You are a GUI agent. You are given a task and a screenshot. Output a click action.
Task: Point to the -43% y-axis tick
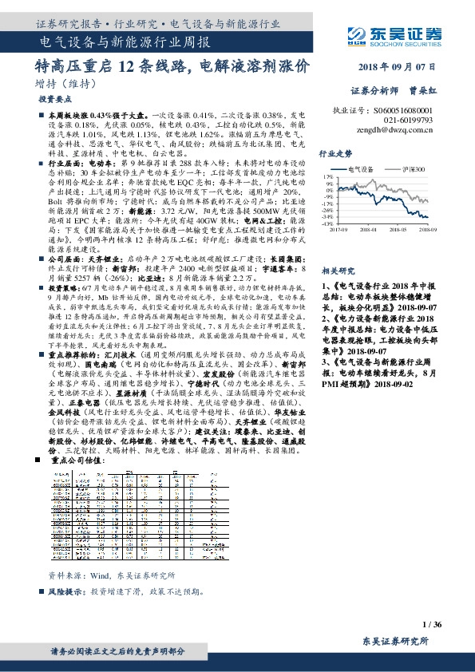click(327, 224)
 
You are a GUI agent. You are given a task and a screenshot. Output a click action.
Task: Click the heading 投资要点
click(55, 99)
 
